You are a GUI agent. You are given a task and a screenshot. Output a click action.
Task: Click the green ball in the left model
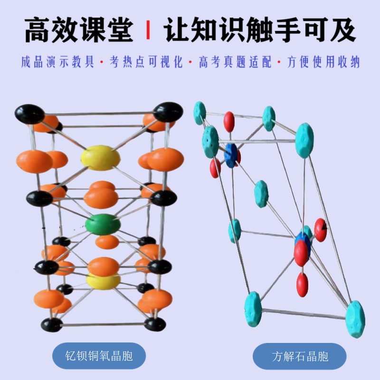[x=103, y=224]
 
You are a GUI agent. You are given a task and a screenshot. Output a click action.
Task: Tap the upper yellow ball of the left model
[x=100, y=158]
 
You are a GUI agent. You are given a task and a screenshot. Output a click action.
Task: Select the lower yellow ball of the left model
[x=103, y=280]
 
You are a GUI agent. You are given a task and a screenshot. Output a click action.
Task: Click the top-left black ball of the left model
[x=29, y=114]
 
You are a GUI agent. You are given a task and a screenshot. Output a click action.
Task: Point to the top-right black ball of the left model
[x=168, y=112]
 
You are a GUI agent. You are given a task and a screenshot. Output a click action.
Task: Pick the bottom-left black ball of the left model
[x=52, y=325]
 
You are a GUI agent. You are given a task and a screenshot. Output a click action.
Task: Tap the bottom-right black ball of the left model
[x=155, y=324]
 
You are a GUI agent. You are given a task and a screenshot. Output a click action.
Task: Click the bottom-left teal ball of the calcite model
[x=253, y=309]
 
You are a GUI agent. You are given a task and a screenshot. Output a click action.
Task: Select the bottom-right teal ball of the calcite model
[x=355, y=319]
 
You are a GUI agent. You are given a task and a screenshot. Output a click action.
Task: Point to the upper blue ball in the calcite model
[x=231, y=155]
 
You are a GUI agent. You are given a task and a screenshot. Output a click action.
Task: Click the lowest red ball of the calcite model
[x=302, y=285]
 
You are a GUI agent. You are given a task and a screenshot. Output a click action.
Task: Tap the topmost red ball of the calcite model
[x=229, y=122]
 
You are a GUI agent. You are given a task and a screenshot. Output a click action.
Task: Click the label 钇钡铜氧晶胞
[x=98, y=356]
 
